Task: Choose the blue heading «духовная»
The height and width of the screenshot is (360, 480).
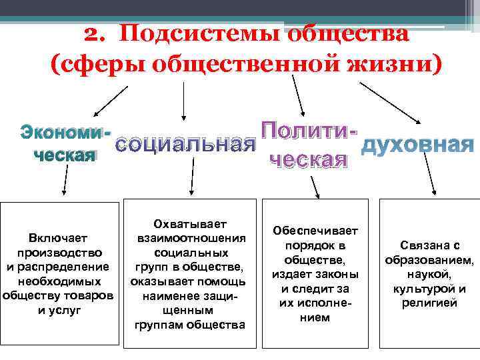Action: coord(417,144)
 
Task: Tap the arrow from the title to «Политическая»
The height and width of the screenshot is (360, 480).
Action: coord(297,97)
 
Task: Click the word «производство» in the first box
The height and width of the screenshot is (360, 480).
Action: coord(59,253)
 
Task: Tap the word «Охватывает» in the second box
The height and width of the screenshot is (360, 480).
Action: coord(189,223)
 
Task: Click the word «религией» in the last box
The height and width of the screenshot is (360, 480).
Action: coord(429,303)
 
